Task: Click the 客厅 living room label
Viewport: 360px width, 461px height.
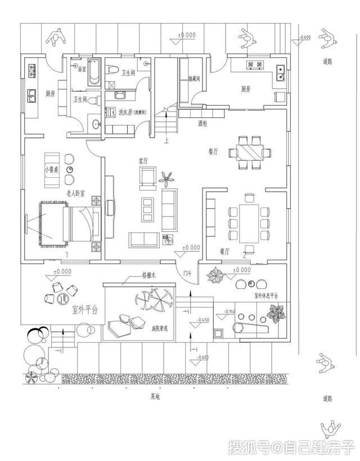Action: [x=143, y=161]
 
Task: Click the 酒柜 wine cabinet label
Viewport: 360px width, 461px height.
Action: [x=202, y=123]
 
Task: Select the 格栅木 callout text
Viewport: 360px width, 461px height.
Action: [x=147, y=277]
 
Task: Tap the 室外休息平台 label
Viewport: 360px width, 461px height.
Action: [x=267, y=295]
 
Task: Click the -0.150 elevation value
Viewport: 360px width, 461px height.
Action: [x=229, y=311]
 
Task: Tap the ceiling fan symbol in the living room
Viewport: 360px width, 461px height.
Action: [x=166, y=179]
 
